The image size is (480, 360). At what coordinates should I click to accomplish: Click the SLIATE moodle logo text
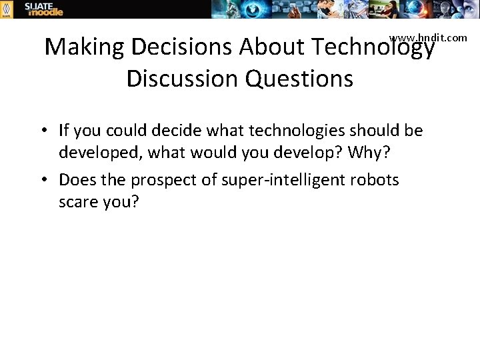44,9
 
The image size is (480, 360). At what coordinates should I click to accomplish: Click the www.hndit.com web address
428,38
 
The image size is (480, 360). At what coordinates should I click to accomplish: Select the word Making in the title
85,47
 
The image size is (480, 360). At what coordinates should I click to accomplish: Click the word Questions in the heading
299,79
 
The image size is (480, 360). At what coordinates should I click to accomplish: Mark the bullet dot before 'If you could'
49,130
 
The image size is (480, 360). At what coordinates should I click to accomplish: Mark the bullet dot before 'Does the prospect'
49,180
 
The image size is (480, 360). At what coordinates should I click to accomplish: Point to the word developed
100,153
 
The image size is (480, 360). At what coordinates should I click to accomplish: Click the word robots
378,180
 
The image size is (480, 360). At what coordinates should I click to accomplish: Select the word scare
77,202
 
